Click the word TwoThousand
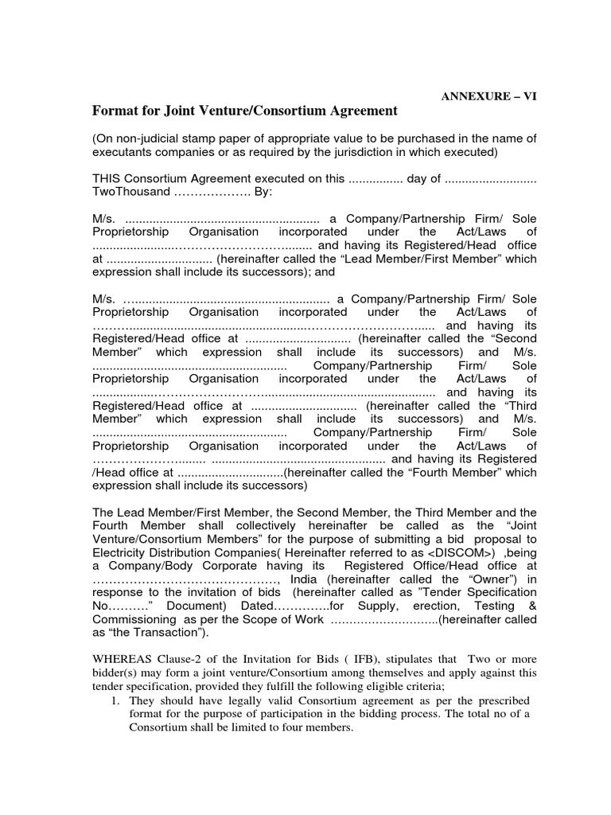[x=131, y=192]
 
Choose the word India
[x=308, y=579]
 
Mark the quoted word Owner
[x=491, y=579]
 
